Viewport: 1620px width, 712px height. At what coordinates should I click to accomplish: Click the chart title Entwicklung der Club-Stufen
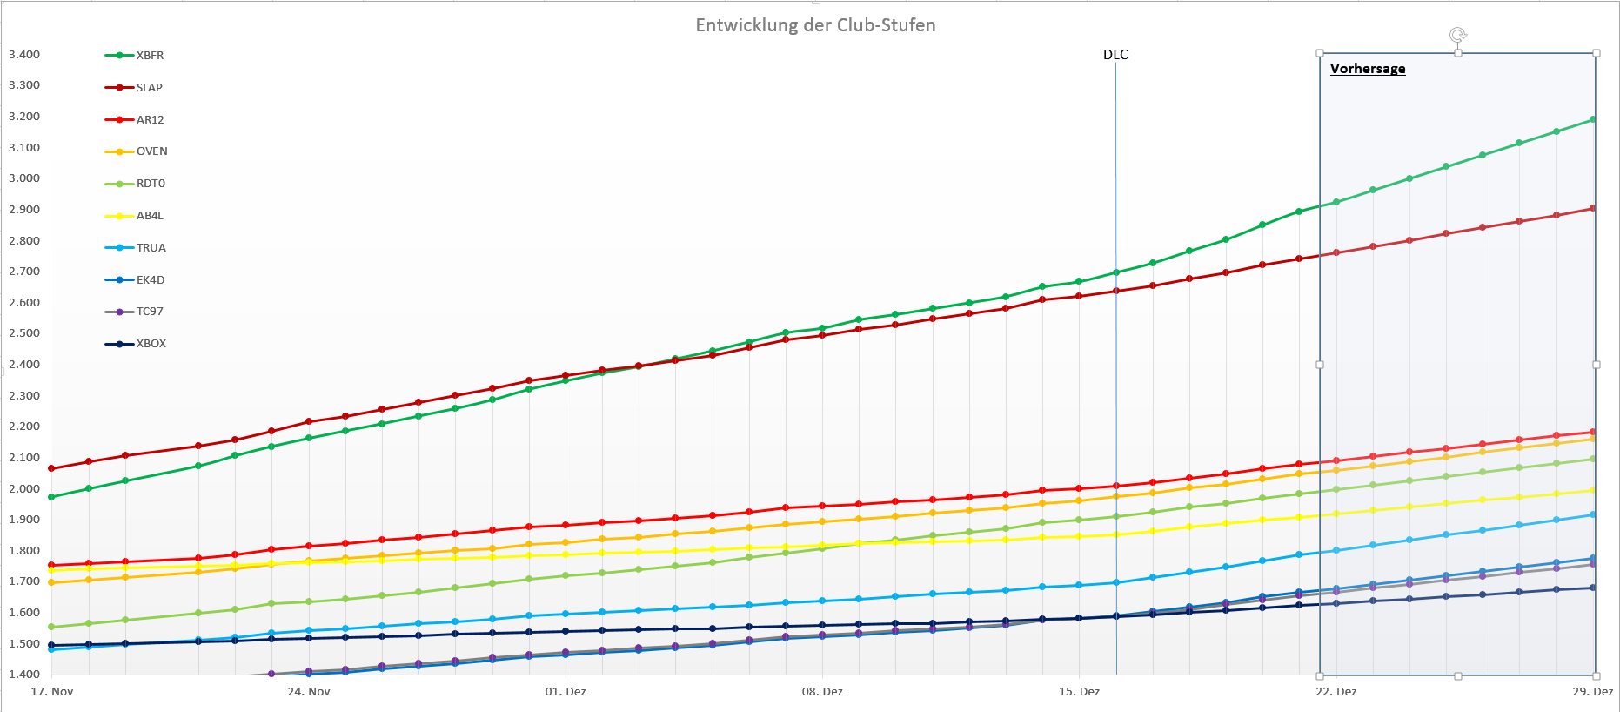815,25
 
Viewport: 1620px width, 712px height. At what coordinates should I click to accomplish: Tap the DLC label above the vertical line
1115,55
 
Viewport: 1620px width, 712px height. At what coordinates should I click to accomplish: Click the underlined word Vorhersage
1367,69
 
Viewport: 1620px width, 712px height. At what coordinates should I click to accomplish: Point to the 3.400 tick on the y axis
24,55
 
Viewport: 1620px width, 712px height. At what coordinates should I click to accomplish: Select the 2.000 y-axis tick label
24,489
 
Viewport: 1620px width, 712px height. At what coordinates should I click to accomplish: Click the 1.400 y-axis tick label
24,675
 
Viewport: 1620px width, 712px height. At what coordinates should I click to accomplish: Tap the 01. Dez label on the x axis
566,692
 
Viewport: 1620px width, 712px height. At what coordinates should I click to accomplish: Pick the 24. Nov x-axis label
309,692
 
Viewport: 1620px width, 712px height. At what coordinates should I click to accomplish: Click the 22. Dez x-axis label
1335,692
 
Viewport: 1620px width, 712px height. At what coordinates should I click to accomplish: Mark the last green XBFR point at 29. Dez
1593,119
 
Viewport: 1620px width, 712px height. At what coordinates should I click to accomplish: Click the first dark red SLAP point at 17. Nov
52,468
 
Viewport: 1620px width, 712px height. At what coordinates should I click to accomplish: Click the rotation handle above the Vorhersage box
1457,35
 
